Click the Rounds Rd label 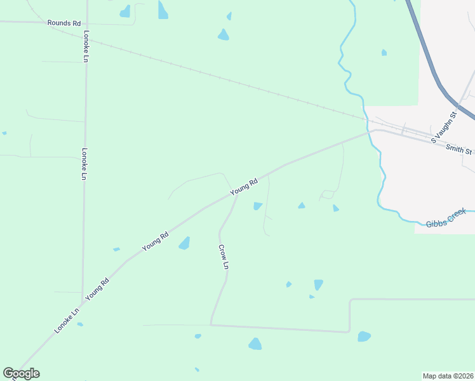(64, 23)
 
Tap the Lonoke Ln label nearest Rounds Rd (86, 45)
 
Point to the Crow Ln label (223, 257)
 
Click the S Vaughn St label (444, 126)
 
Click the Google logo (21, 373)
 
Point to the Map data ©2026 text (448, 376)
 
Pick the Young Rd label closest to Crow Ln (244, 186)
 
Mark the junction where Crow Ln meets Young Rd (236, 195)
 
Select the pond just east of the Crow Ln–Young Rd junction (258, 206)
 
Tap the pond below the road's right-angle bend (364, 337)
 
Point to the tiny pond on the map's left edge (4, 133)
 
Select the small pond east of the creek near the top (384, 53)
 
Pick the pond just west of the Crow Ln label (184, 243)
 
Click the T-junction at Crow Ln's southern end (211, 325)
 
